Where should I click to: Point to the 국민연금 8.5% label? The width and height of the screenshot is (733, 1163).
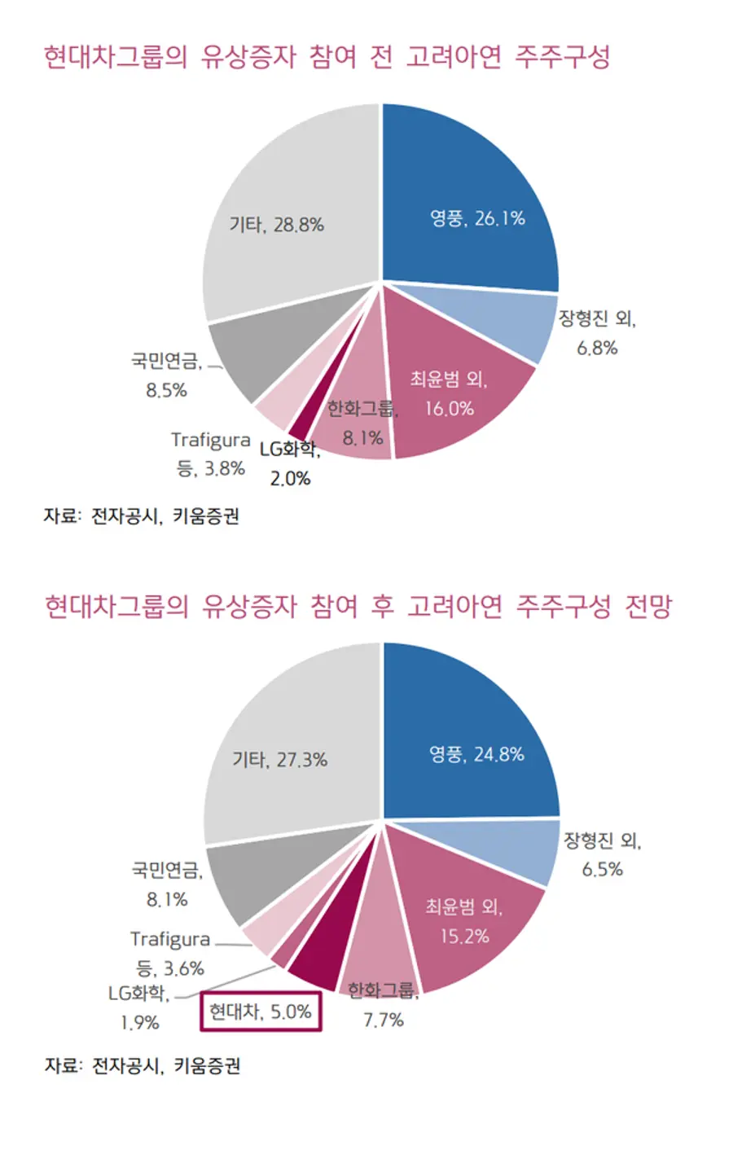tap(166, 375)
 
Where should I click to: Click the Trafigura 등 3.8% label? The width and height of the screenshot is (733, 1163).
tap(210, 454)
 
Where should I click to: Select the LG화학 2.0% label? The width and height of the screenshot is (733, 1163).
tap(290, 463)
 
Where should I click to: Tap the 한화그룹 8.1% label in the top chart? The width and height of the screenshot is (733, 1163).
tap(362, 424)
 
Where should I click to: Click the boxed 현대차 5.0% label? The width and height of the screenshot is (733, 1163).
tap(261, 1012)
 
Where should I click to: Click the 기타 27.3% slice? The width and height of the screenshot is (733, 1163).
tap(285, 749)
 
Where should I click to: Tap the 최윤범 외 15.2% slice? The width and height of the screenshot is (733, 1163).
tap(464, 912)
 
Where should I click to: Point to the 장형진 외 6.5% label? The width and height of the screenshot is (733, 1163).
tap(603, 854)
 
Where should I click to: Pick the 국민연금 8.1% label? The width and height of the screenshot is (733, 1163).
tap(167, 884)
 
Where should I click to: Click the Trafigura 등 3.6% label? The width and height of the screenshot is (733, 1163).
tap(169, 954)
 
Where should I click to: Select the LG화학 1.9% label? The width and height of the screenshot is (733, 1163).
tap(139, 1007)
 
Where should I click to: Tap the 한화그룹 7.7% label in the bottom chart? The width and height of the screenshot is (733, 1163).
tap(383, 1005)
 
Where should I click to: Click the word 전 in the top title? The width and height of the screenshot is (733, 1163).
tap(381, 57)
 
